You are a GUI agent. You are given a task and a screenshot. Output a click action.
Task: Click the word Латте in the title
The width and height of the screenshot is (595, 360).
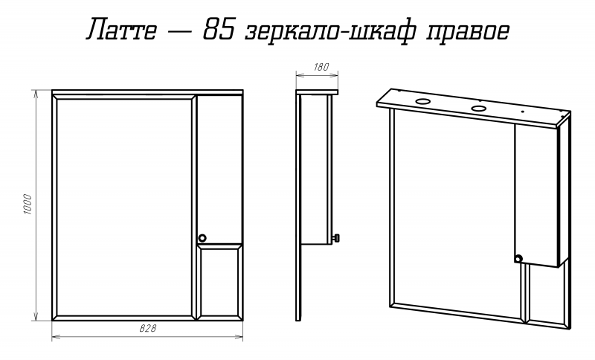click(121, 29)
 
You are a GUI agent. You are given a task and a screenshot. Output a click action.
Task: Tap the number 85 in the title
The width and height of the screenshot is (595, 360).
click(218, 29)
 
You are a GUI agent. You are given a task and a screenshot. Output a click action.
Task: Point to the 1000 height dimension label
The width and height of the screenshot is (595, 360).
click(28, 205)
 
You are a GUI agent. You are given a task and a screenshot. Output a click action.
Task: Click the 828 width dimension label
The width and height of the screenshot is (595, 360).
click(147, 329)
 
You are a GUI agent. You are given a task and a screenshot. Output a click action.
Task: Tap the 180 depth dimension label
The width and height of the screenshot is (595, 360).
click(321, 67)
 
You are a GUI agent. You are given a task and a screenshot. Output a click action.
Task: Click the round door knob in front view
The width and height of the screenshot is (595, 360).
click(202, 238)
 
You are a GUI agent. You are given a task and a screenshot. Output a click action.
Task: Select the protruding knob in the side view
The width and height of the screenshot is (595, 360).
click(336, 238)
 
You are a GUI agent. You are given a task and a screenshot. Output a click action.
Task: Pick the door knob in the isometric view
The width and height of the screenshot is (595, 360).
click(518, 259)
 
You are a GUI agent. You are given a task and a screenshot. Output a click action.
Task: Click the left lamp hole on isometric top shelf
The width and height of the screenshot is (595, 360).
click(422, 101)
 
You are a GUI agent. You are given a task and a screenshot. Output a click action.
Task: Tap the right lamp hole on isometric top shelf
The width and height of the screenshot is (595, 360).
click(478, 109)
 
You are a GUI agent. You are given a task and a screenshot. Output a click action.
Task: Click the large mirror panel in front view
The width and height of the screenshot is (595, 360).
click(124, 207)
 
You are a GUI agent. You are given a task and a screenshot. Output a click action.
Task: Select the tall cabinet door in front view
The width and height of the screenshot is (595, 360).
click(220, 169)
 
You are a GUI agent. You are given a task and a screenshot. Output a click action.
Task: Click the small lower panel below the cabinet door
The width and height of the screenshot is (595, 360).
click(220, 281)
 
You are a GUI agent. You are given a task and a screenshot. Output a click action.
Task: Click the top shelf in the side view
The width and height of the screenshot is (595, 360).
click(317, 92)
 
